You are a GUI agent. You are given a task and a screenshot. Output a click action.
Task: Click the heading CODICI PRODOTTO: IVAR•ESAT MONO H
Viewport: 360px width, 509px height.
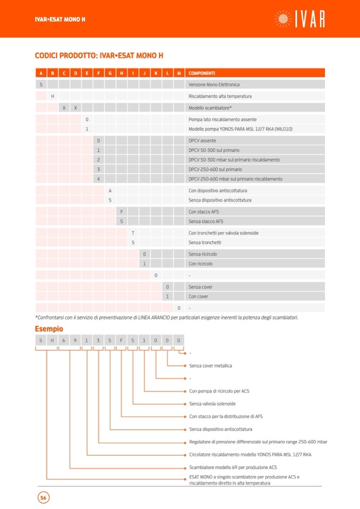(99, 55)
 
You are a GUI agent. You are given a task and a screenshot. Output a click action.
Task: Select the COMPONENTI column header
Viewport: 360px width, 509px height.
(202, 73)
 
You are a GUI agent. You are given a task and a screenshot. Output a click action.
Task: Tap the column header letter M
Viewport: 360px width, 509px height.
(179, 73)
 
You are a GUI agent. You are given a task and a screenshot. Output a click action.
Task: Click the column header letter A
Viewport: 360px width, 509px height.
(41, 73)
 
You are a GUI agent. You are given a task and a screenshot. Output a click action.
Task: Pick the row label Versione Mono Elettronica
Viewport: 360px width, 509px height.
(214, 84)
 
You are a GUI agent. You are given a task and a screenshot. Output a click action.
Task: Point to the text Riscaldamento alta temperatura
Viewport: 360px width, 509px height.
(220, 96)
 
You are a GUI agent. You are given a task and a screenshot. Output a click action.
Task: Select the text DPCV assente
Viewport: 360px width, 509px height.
(202, 141)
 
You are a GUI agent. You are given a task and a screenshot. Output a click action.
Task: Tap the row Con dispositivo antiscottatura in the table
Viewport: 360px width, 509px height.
(218, 191)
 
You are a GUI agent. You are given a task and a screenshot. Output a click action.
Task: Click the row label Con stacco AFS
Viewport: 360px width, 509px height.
(204, 212)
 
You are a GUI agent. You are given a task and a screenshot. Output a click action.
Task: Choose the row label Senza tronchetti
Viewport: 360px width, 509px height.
(205, 243)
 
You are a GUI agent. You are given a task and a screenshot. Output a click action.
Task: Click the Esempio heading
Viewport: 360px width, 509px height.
(49, 329)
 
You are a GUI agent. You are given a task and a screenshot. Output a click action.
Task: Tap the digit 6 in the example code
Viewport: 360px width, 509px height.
(64, 340)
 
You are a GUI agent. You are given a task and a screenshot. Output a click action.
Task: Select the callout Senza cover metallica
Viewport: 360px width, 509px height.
(210, 366)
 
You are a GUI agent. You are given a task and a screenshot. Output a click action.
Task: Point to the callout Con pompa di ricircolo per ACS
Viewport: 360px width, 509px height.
(219, 391)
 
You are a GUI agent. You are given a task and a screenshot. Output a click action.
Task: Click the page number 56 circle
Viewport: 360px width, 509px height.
(43, 498)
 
